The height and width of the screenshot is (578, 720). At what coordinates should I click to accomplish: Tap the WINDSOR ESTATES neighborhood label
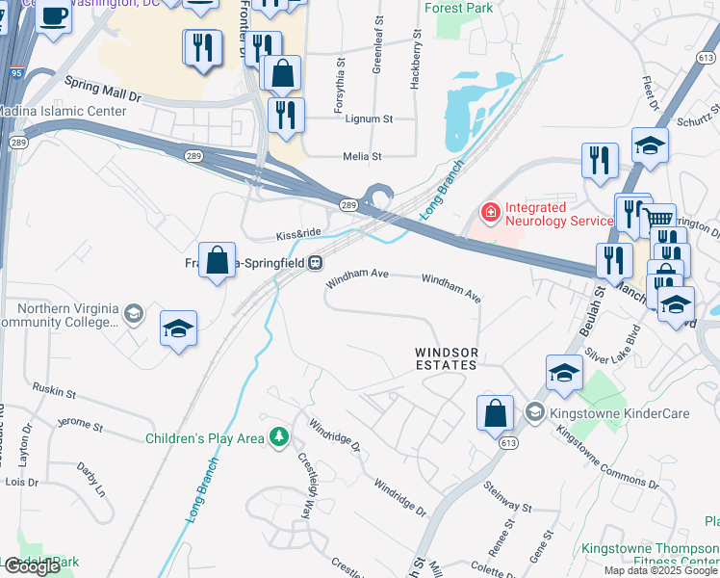tap(447, 359)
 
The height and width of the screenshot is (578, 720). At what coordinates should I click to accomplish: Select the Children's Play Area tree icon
tap(279, 438)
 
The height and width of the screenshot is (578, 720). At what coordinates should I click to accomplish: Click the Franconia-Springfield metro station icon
tap(315, 262)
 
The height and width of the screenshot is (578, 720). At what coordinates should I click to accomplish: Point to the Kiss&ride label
tap(297, 234)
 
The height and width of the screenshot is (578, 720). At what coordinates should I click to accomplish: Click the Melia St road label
tap(363, 156)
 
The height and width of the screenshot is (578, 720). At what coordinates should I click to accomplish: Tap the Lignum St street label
tap(374, 119)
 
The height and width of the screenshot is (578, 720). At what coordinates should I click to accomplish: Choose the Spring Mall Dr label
tap(103, 92)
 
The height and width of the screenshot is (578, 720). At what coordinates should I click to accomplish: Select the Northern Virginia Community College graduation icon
tap(133, 314)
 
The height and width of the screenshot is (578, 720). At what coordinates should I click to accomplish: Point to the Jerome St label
tap(80, 424)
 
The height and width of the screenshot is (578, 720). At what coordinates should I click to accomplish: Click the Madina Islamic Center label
tap(63, 111)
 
